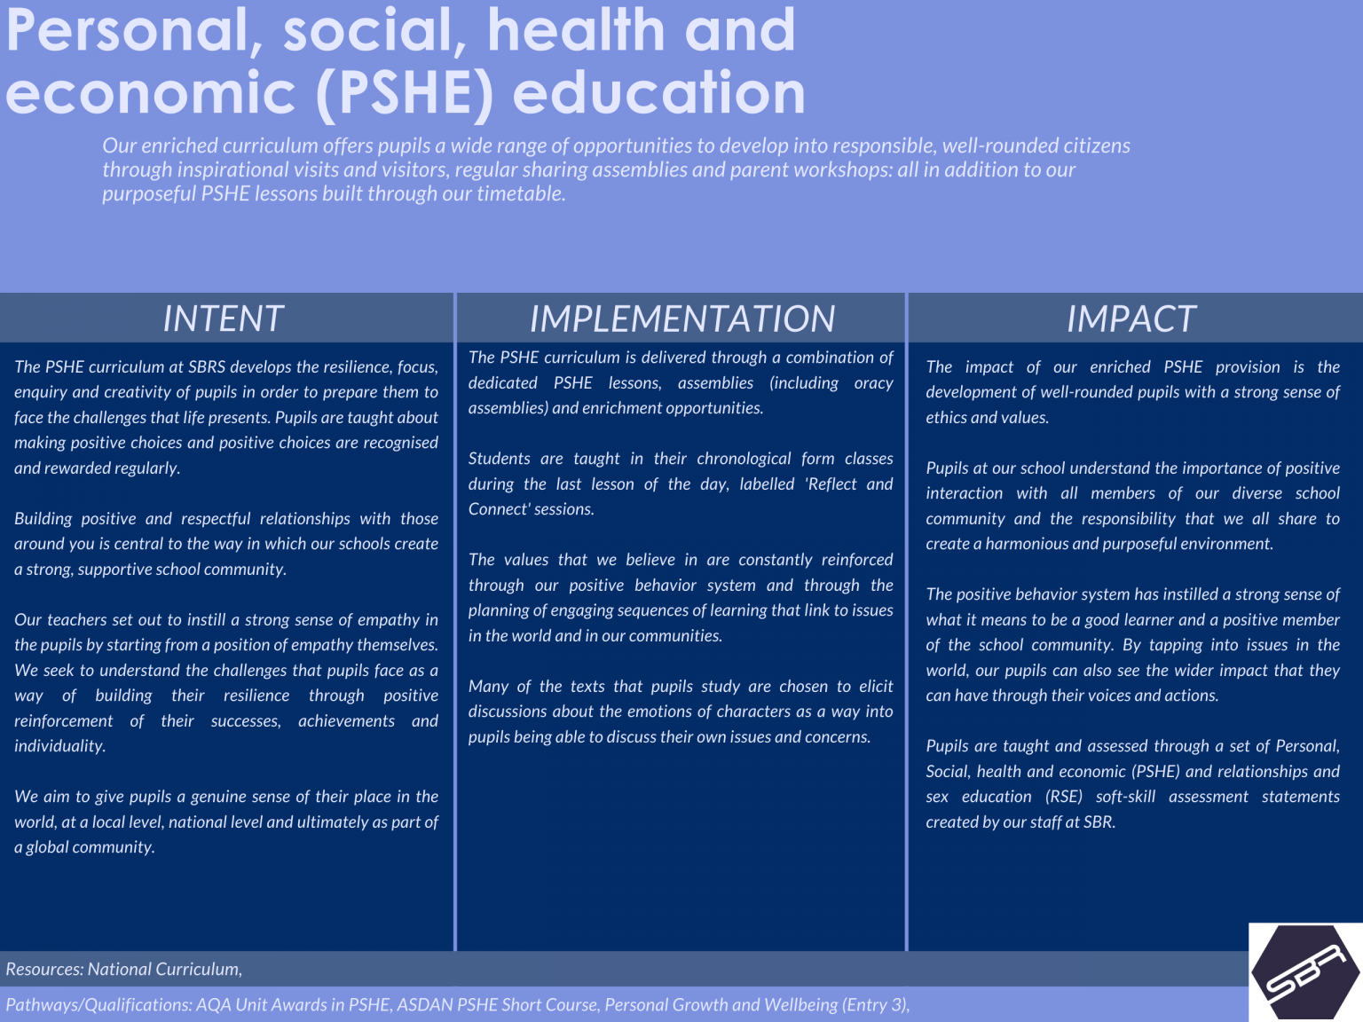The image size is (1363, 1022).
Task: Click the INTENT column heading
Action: pos(223,318)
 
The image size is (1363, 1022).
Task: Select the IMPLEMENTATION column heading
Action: pos(681,318)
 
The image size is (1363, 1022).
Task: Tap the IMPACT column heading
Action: pos(1131,318)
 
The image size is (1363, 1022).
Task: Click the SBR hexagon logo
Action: pos(1305,972)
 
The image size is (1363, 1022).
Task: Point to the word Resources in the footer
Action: pos(43,969)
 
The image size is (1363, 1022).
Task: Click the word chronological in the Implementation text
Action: pos(744,459)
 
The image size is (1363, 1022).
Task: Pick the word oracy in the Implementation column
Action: pos(873,383)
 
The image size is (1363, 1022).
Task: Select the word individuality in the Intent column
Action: pos(59,746)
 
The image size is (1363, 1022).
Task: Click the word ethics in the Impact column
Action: pos(946,418)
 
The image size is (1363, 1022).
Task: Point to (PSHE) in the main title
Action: pos(405,94)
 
